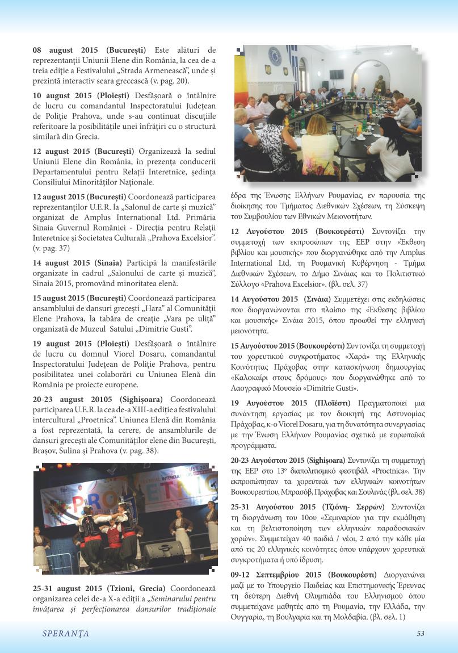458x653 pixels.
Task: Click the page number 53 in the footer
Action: click(x=420, y=634)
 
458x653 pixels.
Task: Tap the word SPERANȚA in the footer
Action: click(x=65, y=634)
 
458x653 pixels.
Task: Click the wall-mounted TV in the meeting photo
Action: click(x=336, y=74)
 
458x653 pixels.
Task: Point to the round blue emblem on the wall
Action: click(x=275, y=56)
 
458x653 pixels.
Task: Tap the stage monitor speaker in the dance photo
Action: click(x=163, y=549)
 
